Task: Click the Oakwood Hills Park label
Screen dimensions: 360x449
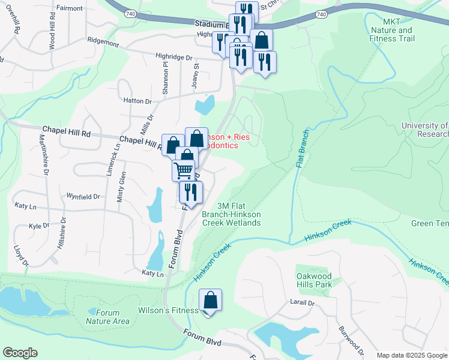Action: pyautogui.click(x=315, y=280)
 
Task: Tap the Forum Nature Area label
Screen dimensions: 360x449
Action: pyautogui.click(x=108, y=317)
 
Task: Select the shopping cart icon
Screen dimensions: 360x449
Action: pyautogui.click(x=183, y=170)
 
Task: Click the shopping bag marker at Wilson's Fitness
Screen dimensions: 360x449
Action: pyautogui.click(x=210, y=299)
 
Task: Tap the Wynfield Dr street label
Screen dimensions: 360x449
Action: pyautogui.click(x=83, y=196)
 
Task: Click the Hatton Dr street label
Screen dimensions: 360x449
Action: pyautogui.click(x=136, y=101)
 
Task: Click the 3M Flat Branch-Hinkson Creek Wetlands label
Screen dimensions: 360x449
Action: pyautogui.click(x=239, y=214)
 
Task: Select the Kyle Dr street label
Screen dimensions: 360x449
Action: pyautogui.click(x=39, y=226)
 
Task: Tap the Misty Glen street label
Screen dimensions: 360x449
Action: pyautogui.click(x=122, y=187)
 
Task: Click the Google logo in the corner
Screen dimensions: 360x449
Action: pyautogui.click(x=20, y=353)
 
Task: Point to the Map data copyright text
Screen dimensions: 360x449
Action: pyautogui.click(x=412, y=355)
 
